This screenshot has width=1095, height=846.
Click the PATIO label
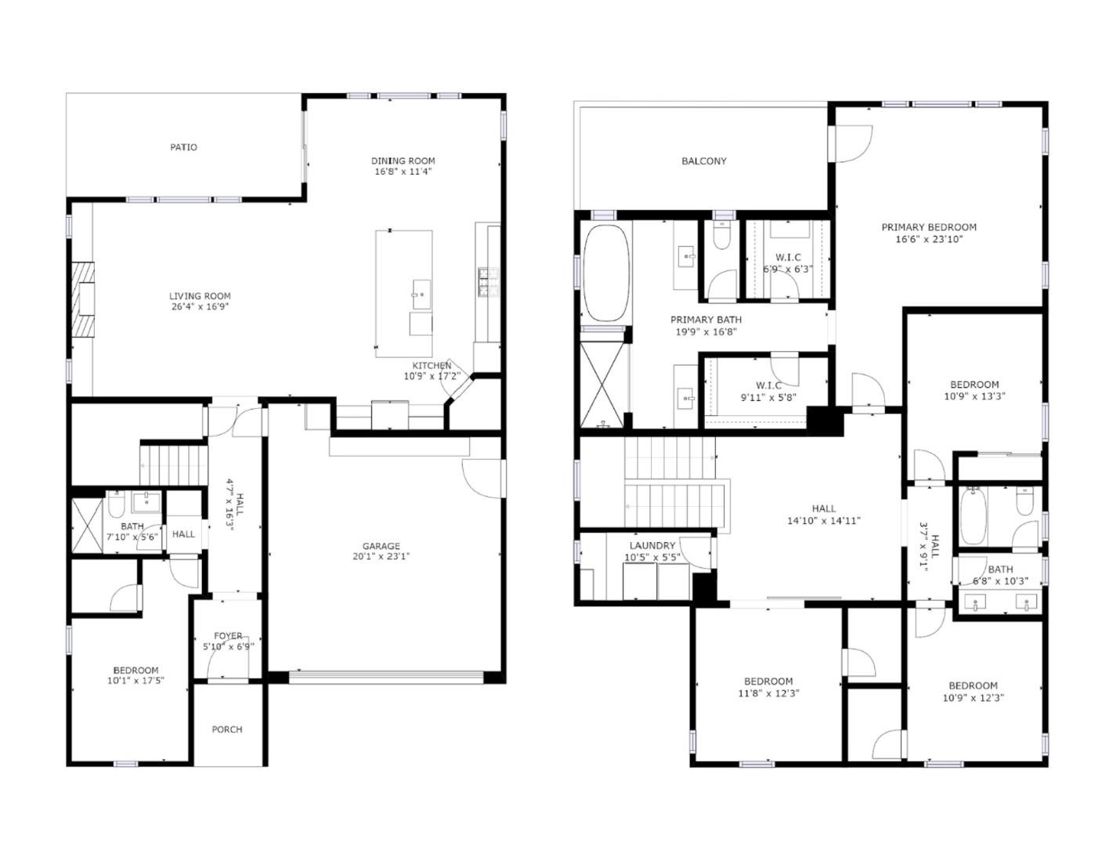click(184, 147)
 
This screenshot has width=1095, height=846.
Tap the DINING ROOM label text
click(403, 161)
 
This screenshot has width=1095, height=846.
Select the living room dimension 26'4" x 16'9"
click(200, 307)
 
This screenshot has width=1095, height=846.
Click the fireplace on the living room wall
click(83, 298)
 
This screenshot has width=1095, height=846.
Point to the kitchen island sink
click(421, 294)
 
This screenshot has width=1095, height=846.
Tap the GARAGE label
click(381, 546)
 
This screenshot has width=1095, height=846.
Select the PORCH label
click(227, 729)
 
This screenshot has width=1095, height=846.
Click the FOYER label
click(228, 635)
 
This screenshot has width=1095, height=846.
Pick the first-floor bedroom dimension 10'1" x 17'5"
click(136, 681)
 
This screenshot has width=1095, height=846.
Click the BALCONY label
click(703, 161)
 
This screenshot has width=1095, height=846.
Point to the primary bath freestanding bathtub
click(606, 273)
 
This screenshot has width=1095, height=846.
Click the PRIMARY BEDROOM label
click(929, 227)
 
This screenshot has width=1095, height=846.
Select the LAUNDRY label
click(652, 546)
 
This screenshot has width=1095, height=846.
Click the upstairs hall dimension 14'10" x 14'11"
click(824, 520)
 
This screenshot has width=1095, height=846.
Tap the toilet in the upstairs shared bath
click(1025, 501)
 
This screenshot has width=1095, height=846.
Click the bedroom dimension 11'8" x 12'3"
click(768, 692)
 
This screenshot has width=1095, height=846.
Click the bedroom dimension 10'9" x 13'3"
click(974, 396)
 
